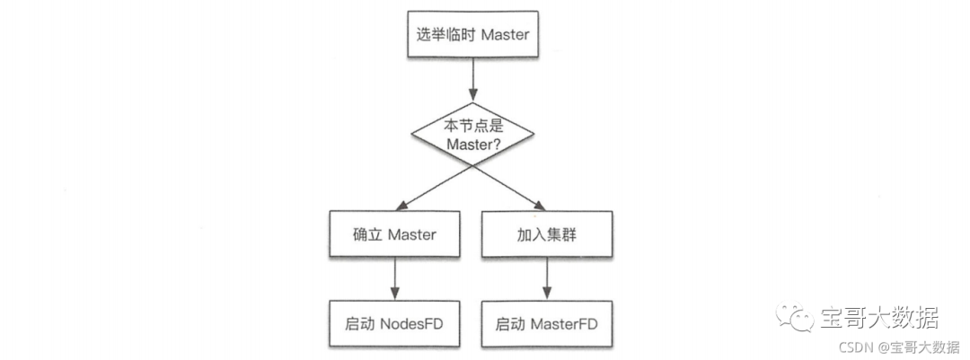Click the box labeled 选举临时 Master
pyautogui.click(x=472, y=36)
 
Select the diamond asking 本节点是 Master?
pyautogui.click(x=472, y=134)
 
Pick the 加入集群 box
pyautogui.click(x=547, y=234)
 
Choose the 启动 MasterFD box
pyautogui.click(x=547, y=322)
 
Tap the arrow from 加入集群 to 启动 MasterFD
pyautogui.click(x=547, y=278)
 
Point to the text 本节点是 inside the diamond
pyautogui.click(x=472, y=125)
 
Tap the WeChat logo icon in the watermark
pyautogui.click(x=794, y=316)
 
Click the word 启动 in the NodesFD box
pyautogui.click(x=361, y=322)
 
